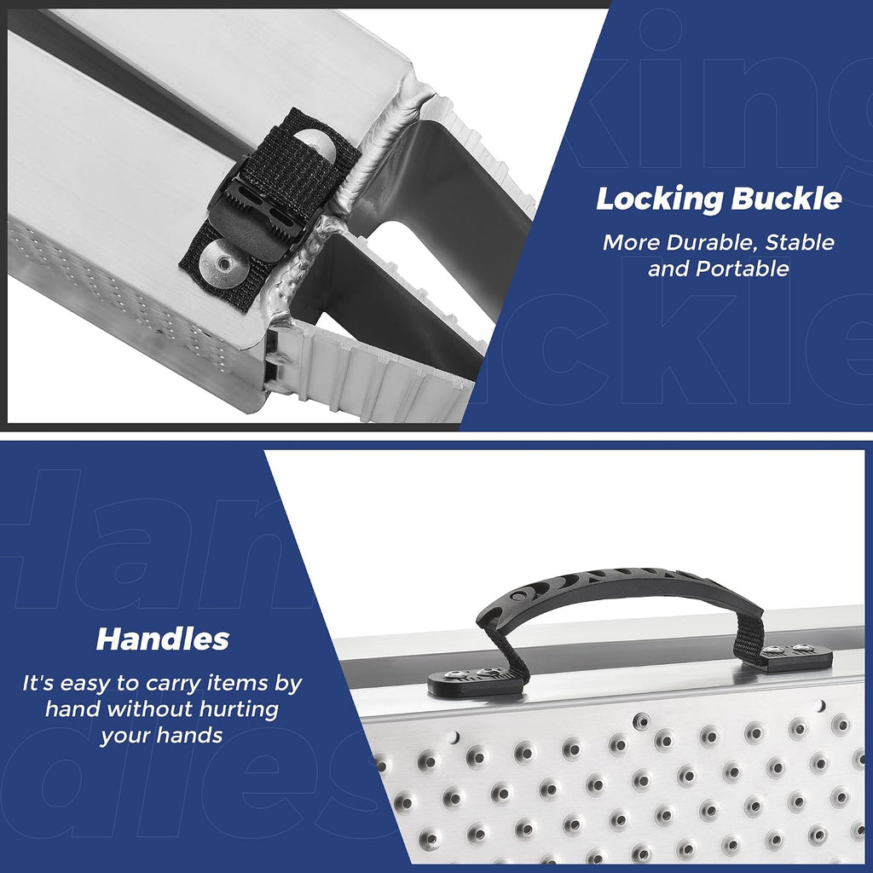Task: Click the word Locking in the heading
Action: [x=657, y=199]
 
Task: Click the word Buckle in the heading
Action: [x=786, y=198]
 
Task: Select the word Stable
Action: [x=800, y=242]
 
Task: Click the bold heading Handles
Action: [x=163, y=639]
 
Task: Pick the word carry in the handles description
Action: [x=176, y=683]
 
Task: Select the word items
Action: [x=239, y=683]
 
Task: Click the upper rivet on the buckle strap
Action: [x=314, y=145]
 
